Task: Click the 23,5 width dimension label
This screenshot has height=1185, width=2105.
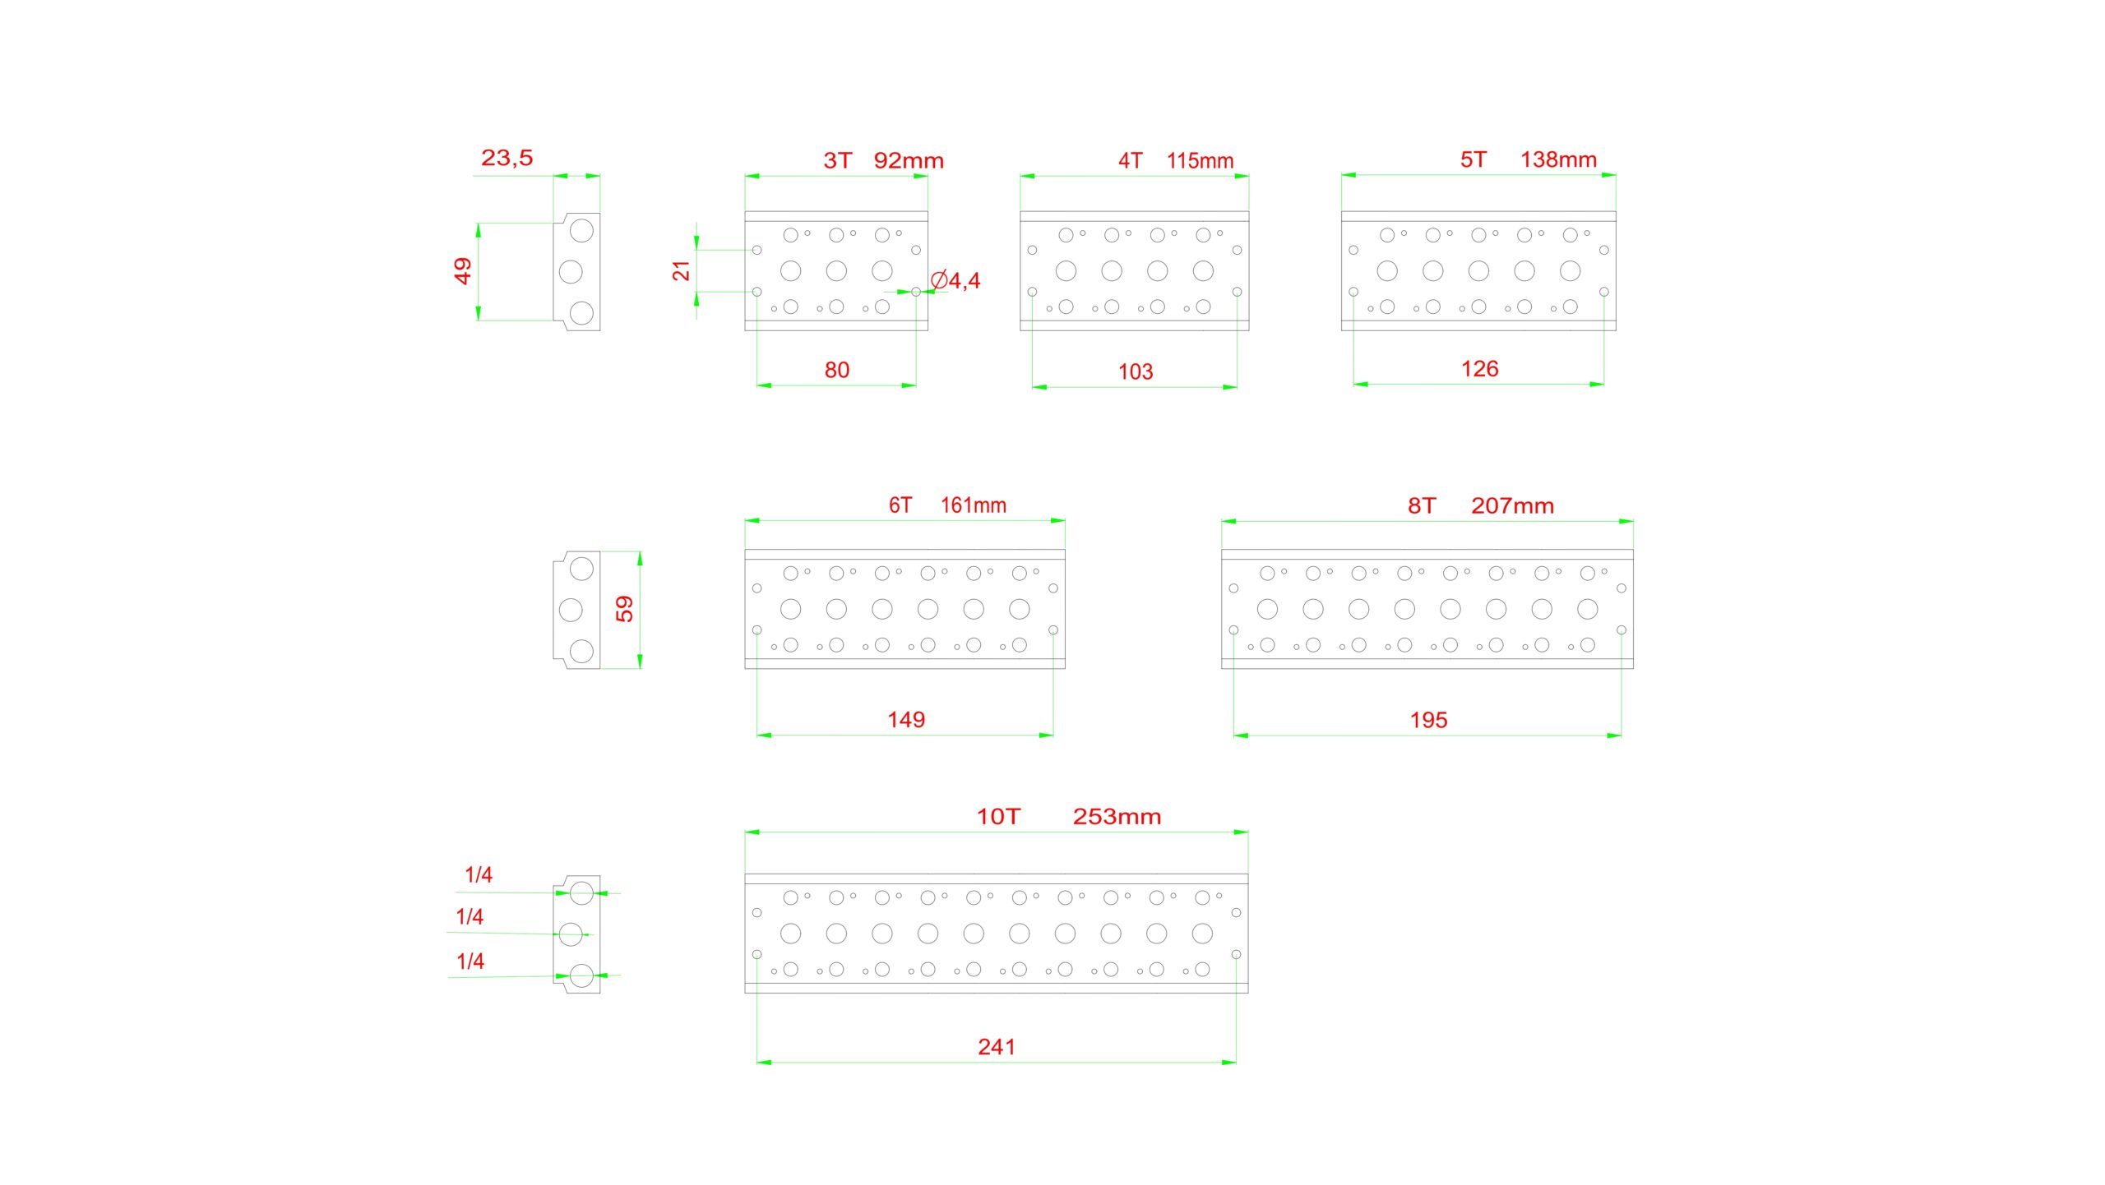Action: tap(507, 158)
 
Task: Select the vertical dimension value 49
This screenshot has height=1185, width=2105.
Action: tap(463, 270)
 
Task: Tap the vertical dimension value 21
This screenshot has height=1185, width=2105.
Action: tap(682, 270)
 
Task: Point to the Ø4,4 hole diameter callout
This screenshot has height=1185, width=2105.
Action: tap(955, 281)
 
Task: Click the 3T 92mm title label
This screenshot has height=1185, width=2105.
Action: tap(883, 160)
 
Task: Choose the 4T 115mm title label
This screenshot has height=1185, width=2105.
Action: tap(1175, 160)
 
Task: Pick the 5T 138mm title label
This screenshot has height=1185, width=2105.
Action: tap(1528, 159)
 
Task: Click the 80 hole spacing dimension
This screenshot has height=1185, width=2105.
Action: tap(836, 371)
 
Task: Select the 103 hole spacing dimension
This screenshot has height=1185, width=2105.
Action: tap(1135, 372)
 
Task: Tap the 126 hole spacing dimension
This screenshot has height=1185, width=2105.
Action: tap(1479, 369)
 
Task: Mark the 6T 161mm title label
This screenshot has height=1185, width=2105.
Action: tap(947, 505)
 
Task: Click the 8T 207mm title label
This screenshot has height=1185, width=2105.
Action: tap(1480, 506)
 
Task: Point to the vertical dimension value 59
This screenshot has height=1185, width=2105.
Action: tap(625, 609)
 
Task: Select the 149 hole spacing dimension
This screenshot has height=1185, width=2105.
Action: tap(906, 720)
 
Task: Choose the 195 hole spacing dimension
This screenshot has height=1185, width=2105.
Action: tap(1428, 721)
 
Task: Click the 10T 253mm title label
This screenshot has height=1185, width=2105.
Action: tap(1068, 817)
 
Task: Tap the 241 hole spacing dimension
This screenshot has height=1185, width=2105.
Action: tap(997, 1047)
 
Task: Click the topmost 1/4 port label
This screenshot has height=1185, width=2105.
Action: tap(479, 875)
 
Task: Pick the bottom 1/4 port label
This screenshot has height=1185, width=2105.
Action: tap(470, 961)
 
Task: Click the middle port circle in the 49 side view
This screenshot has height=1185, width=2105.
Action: tap(571, 271)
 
